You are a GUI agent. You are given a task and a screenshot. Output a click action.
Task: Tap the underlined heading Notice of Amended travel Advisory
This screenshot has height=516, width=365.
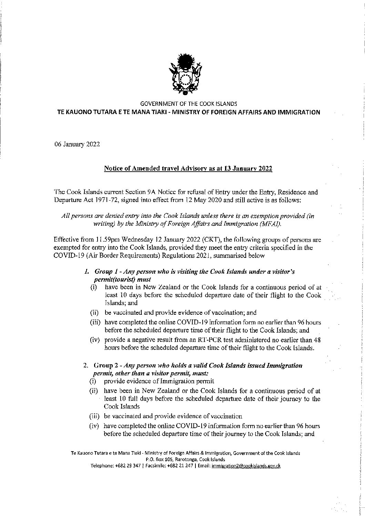click(x=188, y=169)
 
